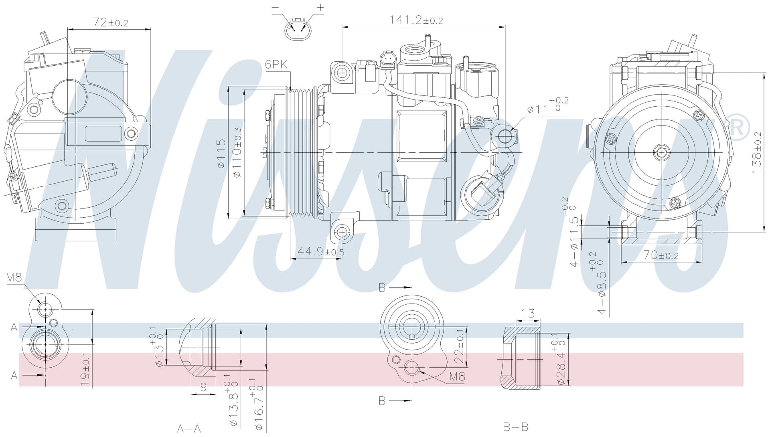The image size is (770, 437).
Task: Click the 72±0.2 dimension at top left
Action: [110, 22]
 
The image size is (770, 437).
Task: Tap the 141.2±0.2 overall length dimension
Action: [416, 20]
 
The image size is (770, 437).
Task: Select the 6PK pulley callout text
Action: [276, 65]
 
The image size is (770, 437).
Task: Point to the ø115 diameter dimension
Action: [221, 154]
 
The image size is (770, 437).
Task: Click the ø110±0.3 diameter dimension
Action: [237, 153]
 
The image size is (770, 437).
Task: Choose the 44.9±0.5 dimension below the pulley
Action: [321, 252]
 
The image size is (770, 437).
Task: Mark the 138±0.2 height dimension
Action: [756, 153]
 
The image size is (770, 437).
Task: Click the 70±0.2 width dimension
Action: [661, 255]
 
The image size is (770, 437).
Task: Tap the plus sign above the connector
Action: [320, 7]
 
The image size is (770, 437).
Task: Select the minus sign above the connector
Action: [276, 8]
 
